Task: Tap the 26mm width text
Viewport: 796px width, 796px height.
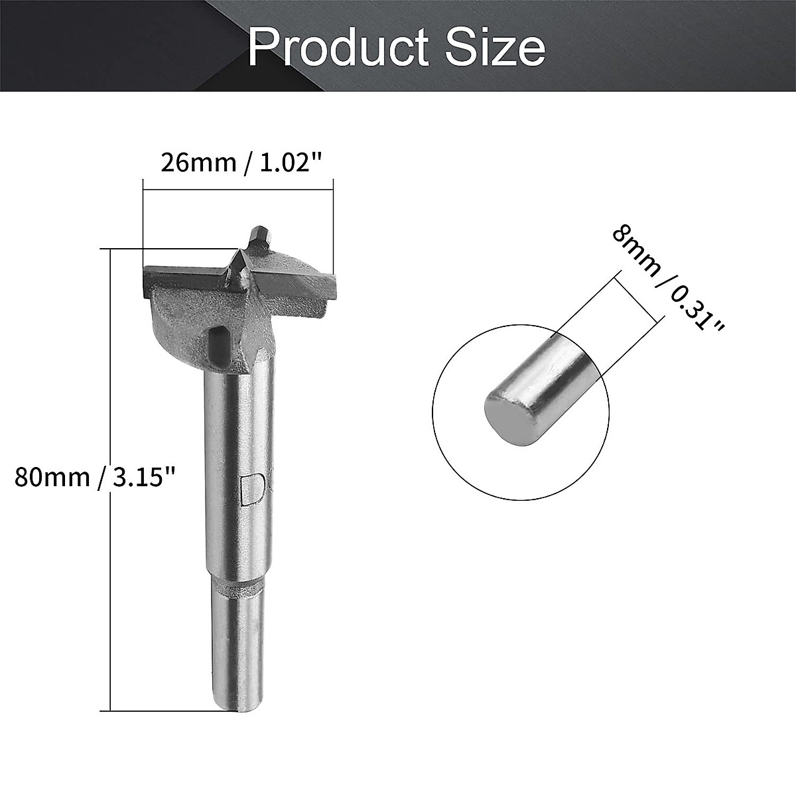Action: tap(198, 162)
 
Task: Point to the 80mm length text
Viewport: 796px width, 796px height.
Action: tap(52, 477)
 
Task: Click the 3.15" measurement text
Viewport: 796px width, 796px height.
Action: tap(143, 477)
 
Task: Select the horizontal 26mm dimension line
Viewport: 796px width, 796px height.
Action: tap(237, 191)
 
